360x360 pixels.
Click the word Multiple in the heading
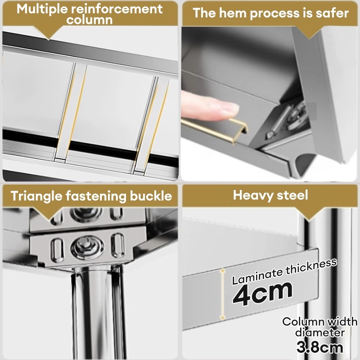42,9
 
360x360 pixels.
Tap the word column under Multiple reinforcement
90,20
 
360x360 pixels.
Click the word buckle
151,196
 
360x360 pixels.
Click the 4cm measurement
262,293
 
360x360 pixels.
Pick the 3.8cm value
319,347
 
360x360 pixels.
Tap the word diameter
320,333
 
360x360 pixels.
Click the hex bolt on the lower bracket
88,247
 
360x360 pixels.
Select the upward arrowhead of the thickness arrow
222,271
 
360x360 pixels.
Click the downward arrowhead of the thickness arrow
222,317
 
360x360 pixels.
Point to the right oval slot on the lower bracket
118,245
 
